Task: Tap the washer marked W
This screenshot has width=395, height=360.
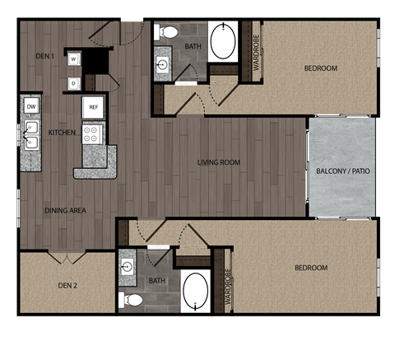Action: coord(74,59)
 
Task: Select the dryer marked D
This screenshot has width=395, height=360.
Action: coord(74,82)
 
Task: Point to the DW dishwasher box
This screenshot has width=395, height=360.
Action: coord(31,106)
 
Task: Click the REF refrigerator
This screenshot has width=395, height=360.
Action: coord(91,106)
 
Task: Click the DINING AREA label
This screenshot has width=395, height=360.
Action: coord(65,211)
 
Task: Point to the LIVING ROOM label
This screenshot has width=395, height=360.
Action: coord(218,162)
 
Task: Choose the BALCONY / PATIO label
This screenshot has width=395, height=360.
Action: coord(342,171)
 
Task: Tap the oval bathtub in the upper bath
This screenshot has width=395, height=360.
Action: coord(223,42)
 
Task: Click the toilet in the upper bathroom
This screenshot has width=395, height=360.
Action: coord(168,33)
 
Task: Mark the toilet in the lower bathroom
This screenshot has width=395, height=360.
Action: coord(129,298)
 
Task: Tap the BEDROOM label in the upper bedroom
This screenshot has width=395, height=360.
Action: coord(320,68)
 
